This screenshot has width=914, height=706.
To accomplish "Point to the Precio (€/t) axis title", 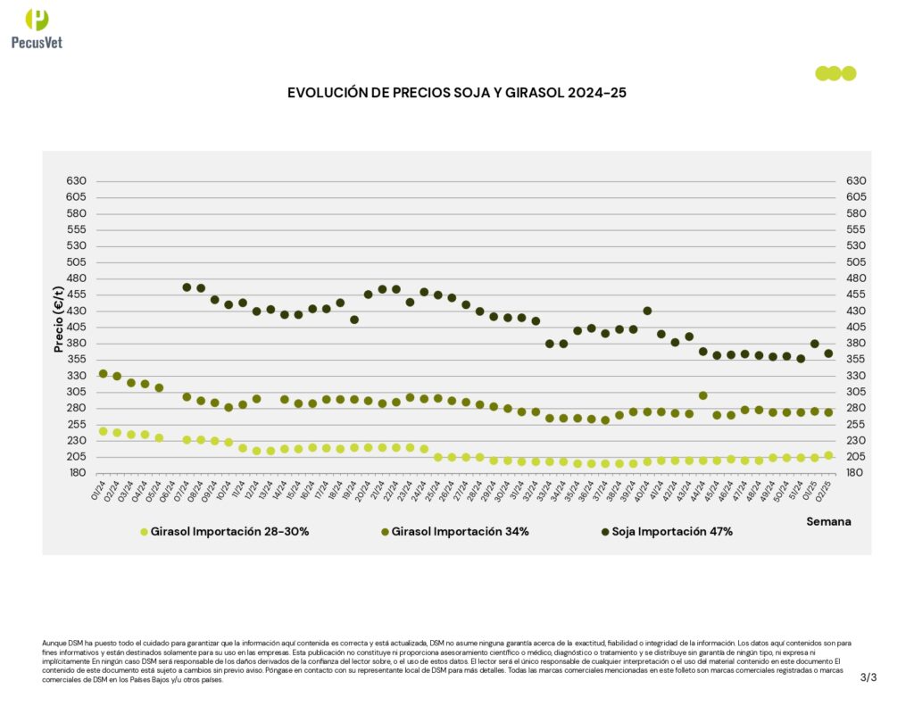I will point(59,319).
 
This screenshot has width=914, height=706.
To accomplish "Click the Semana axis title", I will point(828,520).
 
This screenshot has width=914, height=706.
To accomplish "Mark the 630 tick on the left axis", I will point(76,181).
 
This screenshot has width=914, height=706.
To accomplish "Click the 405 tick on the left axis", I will point(76,328).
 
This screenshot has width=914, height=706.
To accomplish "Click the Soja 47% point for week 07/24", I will point(187,287).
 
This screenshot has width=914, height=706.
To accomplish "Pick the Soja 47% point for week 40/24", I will point(647,311).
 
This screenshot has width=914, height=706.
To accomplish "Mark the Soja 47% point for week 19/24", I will point(354,320).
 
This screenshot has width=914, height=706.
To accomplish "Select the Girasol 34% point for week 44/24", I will point(703,395).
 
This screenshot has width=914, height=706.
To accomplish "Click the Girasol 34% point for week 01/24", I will point(103,374).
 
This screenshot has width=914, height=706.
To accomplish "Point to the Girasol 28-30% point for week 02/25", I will point(828,455).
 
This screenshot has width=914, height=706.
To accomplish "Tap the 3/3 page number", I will point(868,677).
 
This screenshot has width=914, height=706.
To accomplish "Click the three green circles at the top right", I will point(835,73).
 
